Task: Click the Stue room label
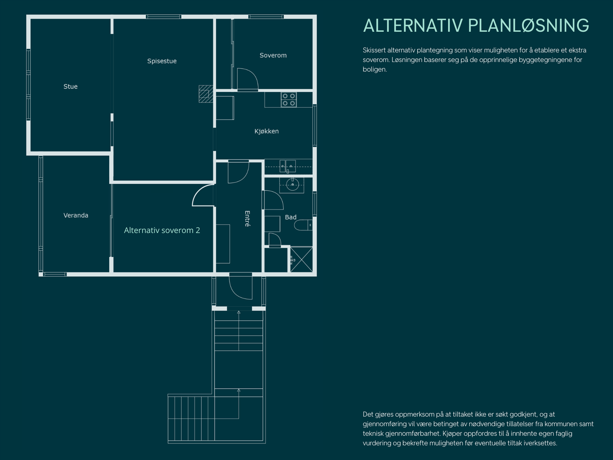(x=70, y=87)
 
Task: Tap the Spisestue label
(x=162, y=61)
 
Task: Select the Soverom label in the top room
(x=273, y=55)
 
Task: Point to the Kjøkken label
(x=266, y=131)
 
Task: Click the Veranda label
(x=75, y=215)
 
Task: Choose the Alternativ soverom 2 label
(x=162, y=230)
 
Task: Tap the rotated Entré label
(x=247, y=219)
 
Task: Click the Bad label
(x=290, y=217)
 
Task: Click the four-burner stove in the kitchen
(x=288, y=100)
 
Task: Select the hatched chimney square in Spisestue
(x=206, y=94)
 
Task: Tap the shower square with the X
(x=301, y=260)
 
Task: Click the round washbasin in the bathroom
(x=292, y=185)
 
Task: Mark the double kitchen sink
(x=287, y=166)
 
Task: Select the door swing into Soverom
(x=247, y=79)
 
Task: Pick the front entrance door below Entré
(x=241, y=286)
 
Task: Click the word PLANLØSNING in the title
(x=528, y=26)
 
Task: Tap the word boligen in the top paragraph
(x=374, y=69)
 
